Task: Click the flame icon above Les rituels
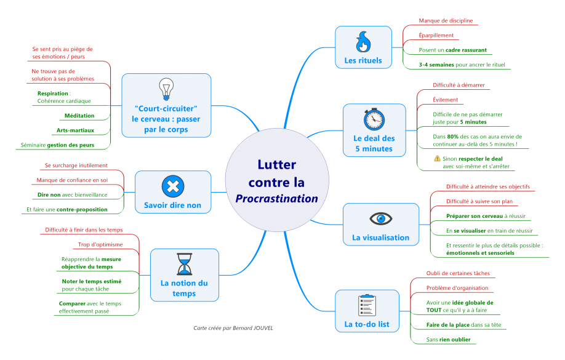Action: tap(363, 42)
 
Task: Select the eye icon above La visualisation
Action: tap(380, 218)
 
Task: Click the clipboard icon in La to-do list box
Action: tap(367, 305)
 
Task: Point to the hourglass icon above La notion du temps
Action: tap(184, 264)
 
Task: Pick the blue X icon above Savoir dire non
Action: tap(172, 186)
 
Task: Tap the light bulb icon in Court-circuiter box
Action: tap(166, 89)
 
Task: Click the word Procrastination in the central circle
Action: tap(276, 199)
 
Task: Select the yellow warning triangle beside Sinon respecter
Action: tap(437, 158)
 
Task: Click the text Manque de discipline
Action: tap(446, 20)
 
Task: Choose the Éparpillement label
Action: tap(436, 35)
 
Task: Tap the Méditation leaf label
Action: tap(79, 116)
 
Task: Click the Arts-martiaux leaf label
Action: tap(75, 130)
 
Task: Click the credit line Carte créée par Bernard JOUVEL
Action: tap(233, 328)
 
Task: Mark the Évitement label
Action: tap(445, 100)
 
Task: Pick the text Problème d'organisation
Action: tap(457, 287)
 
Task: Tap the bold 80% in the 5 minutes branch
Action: tap(453, 137)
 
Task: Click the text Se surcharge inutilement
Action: tap(76, 166)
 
